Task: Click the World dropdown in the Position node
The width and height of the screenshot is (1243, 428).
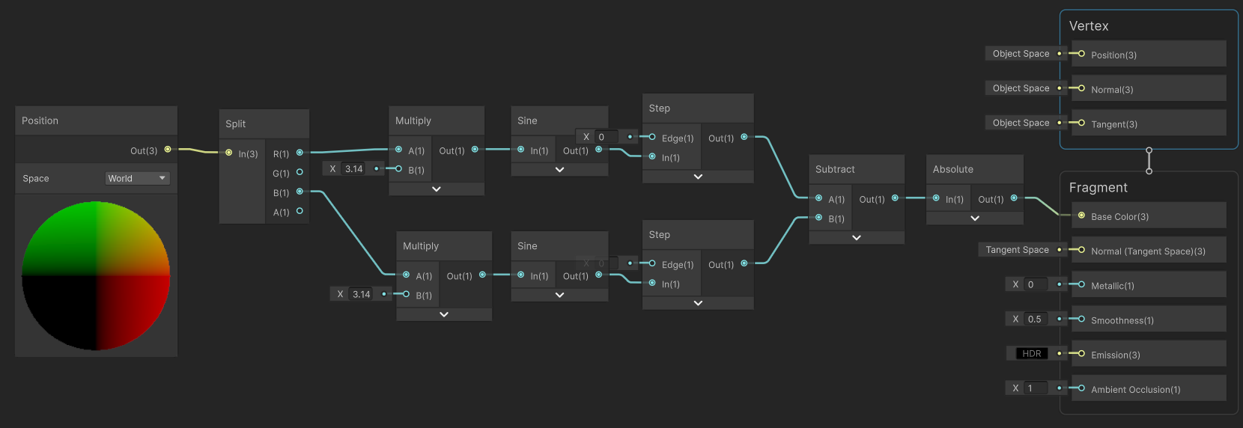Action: click(x=137, y=179)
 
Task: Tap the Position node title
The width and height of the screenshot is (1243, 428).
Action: click(x=40, y=121)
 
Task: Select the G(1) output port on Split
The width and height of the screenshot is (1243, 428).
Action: click(x=300, y=172)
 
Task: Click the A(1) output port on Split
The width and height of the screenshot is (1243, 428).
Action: click(x=300, y=211)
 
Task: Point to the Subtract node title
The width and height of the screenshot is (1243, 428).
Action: click(x=835, y=170)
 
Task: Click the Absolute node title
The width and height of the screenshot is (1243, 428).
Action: click(x=952, y=170)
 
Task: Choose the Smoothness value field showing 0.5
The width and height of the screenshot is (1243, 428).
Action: click(x=1035, y=319)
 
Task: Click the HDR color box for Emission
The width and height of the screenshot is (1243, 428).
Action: click(x=1032, y=354)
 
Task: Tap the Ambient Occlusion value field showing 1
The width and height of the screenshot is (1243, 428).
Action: click(x=1035, y=388)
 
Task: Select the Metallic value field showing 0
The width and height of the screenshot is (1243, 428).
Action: click(x=1035, y=284)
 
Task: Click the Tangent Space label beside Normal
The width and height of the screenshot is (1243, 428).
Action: click(x=1017, y=250)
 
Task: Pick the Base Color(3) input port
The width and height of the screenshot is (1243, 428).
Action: click(x=1081, y=215)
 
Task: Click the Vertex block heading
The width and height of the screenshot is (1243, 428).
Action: click(x=1089, y=26)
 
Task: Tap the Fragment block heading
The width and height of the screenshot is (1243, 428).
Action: click(x=1098, y=187)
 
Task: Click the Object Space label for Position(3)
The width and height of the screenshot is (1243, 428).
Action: click(x=1021, y=54)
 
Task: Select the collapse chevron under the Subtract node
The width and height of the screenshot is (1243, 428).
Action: click(x=857, y=238)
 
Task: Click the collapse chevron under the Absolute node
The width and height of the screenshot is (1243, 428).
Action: click(x=975, y=218)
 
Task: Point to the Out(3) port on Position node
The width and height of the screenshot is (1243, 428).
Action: click(x=168, y=149)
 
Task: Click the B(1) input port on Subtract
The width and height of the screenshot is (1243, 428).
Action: click(x=819, y=217)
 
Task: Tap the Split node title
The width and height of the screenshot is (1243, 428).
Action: click(x=235, y=124)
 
